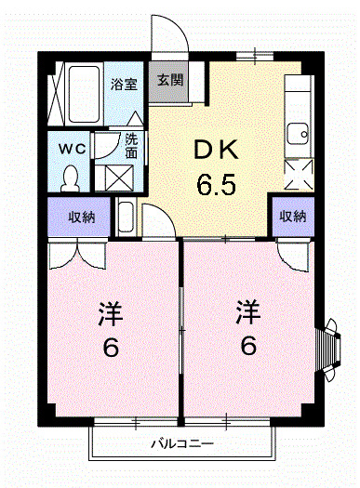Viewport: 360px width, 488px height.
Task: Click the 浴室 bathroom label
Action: coord(123,84)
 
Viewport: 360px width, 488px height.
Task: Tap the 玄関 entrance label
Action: coord(169,81)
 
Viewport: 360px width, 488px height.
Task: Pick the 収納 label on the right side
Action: coord(294,218)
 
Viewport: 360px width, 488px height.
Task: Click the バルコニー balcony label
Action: coord(183,443)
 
